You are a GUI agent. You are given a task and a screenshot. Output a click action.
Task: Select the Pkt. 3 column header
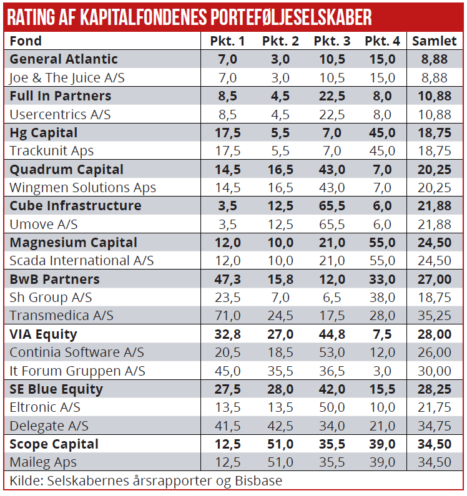[x=332, y=41]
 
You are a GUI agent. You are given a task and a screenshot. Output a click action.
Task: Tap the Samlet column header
[x=435, y=41]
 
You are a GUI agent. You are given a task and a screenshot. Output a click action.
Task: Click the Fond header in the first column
[x=26, y=41]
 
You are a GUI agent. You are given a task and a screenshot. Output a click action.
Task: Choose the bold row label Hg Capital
[x=44, y=133]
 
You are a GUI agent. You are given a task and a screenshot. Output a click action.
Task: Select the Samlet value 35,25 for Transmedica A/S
[x=435, y=316]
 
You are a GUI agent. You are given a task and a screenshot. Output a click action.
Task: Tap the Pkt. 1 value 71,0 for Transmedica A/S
[x=227, y=316]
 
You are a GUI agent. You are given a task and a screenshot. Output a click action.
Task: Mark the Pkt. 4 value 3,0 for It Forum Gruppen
[x=382, y=371]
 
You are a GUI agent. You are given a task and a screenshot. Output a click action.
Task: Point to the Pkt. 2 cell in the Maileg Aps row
[x=280, y=462]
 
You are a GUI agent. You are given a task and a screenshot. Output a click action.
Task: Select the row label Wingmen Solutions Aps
[x=82, y=188]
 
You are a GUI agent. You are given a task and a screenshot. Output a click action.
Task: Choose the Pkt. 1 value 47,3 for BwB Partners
[x=227, y=279]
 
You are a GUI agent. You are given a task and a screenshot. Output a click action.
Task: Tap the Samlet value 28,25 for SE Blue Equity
[x=435, y=389]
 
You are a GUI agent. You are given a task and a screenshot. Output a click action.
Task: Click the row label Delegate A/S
[x=49, y=425]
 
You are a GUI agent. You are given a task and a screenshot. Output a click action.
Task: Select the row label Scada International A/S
[x=81, y=261]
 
